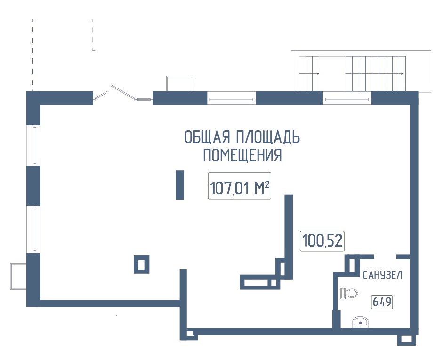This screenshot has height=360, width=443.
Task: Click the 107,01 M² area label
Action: [239, 187]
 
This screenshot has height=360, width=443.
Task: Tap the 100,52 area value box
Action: [322, 241]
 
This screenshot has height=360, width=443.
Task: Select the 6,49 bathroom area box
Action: [382, 301]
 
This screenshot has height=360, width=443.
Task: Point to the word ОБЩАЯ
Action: [206, 137]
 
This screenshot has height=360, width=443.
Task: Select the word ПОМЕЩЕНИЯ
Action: [242, 155]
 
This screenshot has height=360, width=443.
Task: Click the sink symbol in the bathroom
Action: [361, 322]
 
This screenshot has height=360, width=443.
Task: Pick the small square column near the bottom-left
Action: [141, 264]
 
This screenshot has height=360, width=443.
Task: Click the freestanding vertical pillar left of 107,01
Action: [179, 185]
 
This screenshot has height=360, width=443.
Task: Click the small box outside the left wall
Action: [18, 277]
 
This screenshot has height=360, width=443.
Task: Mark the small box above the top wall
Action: [179, 83]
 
